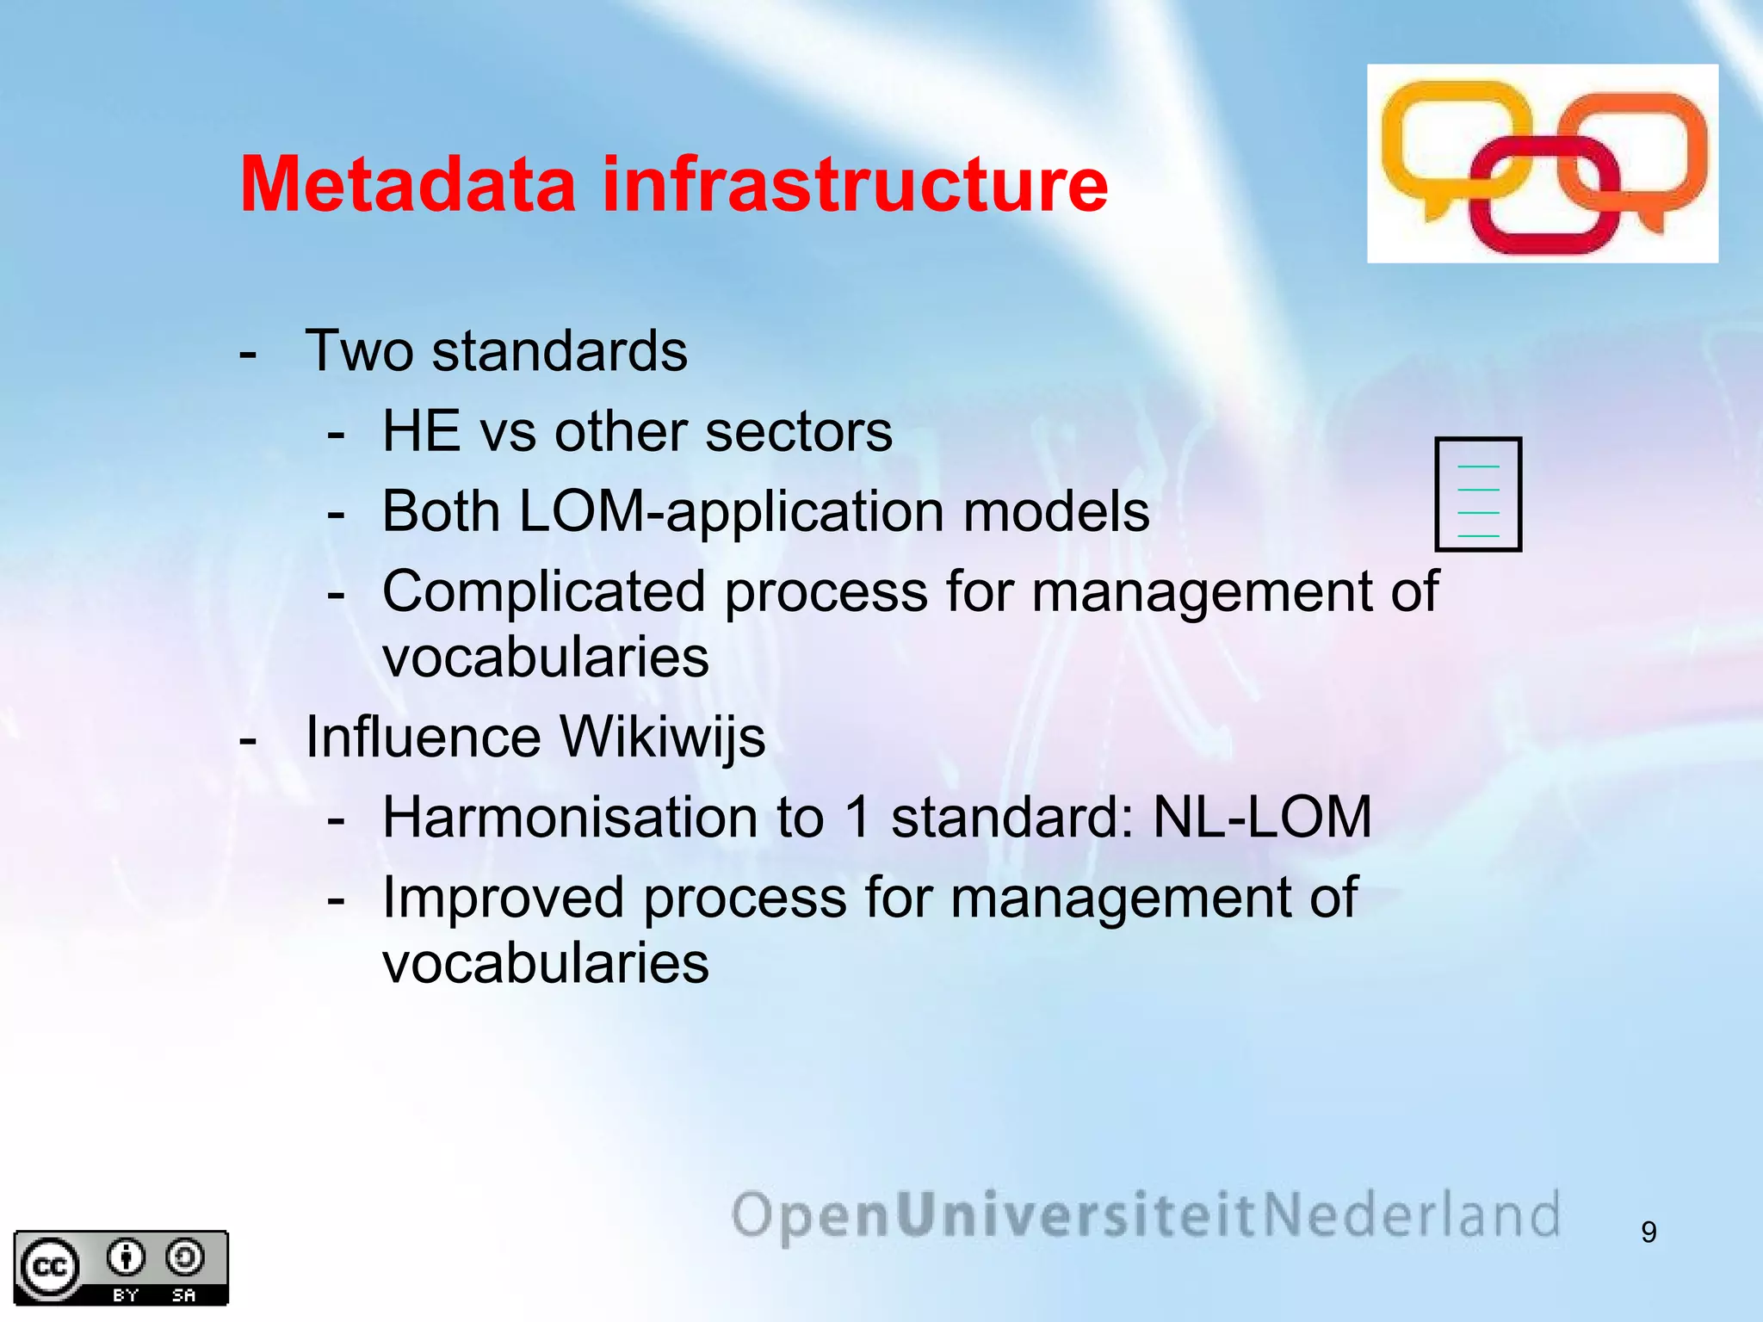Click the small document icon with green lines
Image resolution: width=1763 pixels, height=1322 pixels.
(x=1478, y=494)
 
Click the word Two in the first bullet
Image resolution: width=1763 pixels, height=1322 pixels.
(x=359, y=351)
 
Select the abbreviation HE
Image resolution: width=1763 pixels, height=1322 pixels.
(x=420, y=431)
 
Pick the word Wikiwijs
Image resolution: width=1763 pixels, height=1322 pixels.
(x=662, y=738)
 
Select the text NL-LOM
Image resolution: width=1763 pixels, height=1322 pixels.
(x=1261, y=817)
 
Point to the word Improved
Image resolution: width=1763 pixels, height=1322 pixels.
(x=503, y=898)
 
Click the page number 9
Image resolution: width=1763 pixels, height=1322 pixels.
(x=1649, y=1232)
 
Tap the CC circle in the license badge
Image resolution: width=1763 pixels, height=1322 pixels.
(x=49, y=1267)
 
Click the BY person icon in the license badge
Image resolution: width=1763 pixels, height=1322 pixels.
(x=126, y=1258)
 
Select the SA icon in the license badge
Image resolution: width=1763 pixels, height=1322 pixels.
(x=184, y=1258)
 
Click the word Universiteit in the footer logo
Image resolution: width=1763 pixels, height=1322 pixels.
(x=1078, y=1215)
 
